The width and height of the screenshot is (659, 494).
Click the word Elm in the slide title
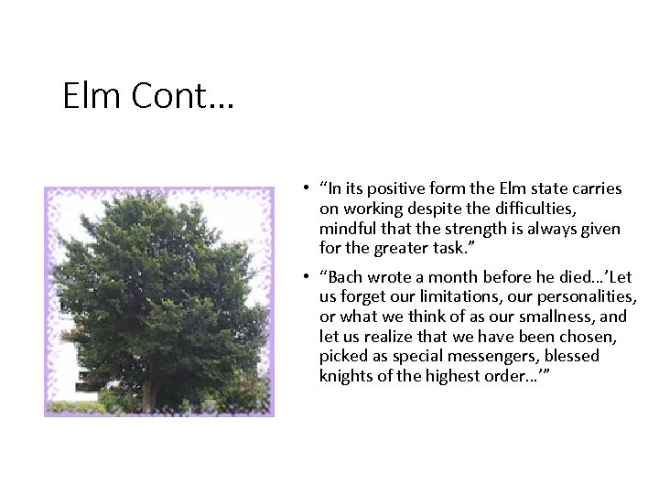(x=91, y=96)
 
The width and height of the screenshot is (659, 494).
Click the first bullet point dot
(x=299, y=188)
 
